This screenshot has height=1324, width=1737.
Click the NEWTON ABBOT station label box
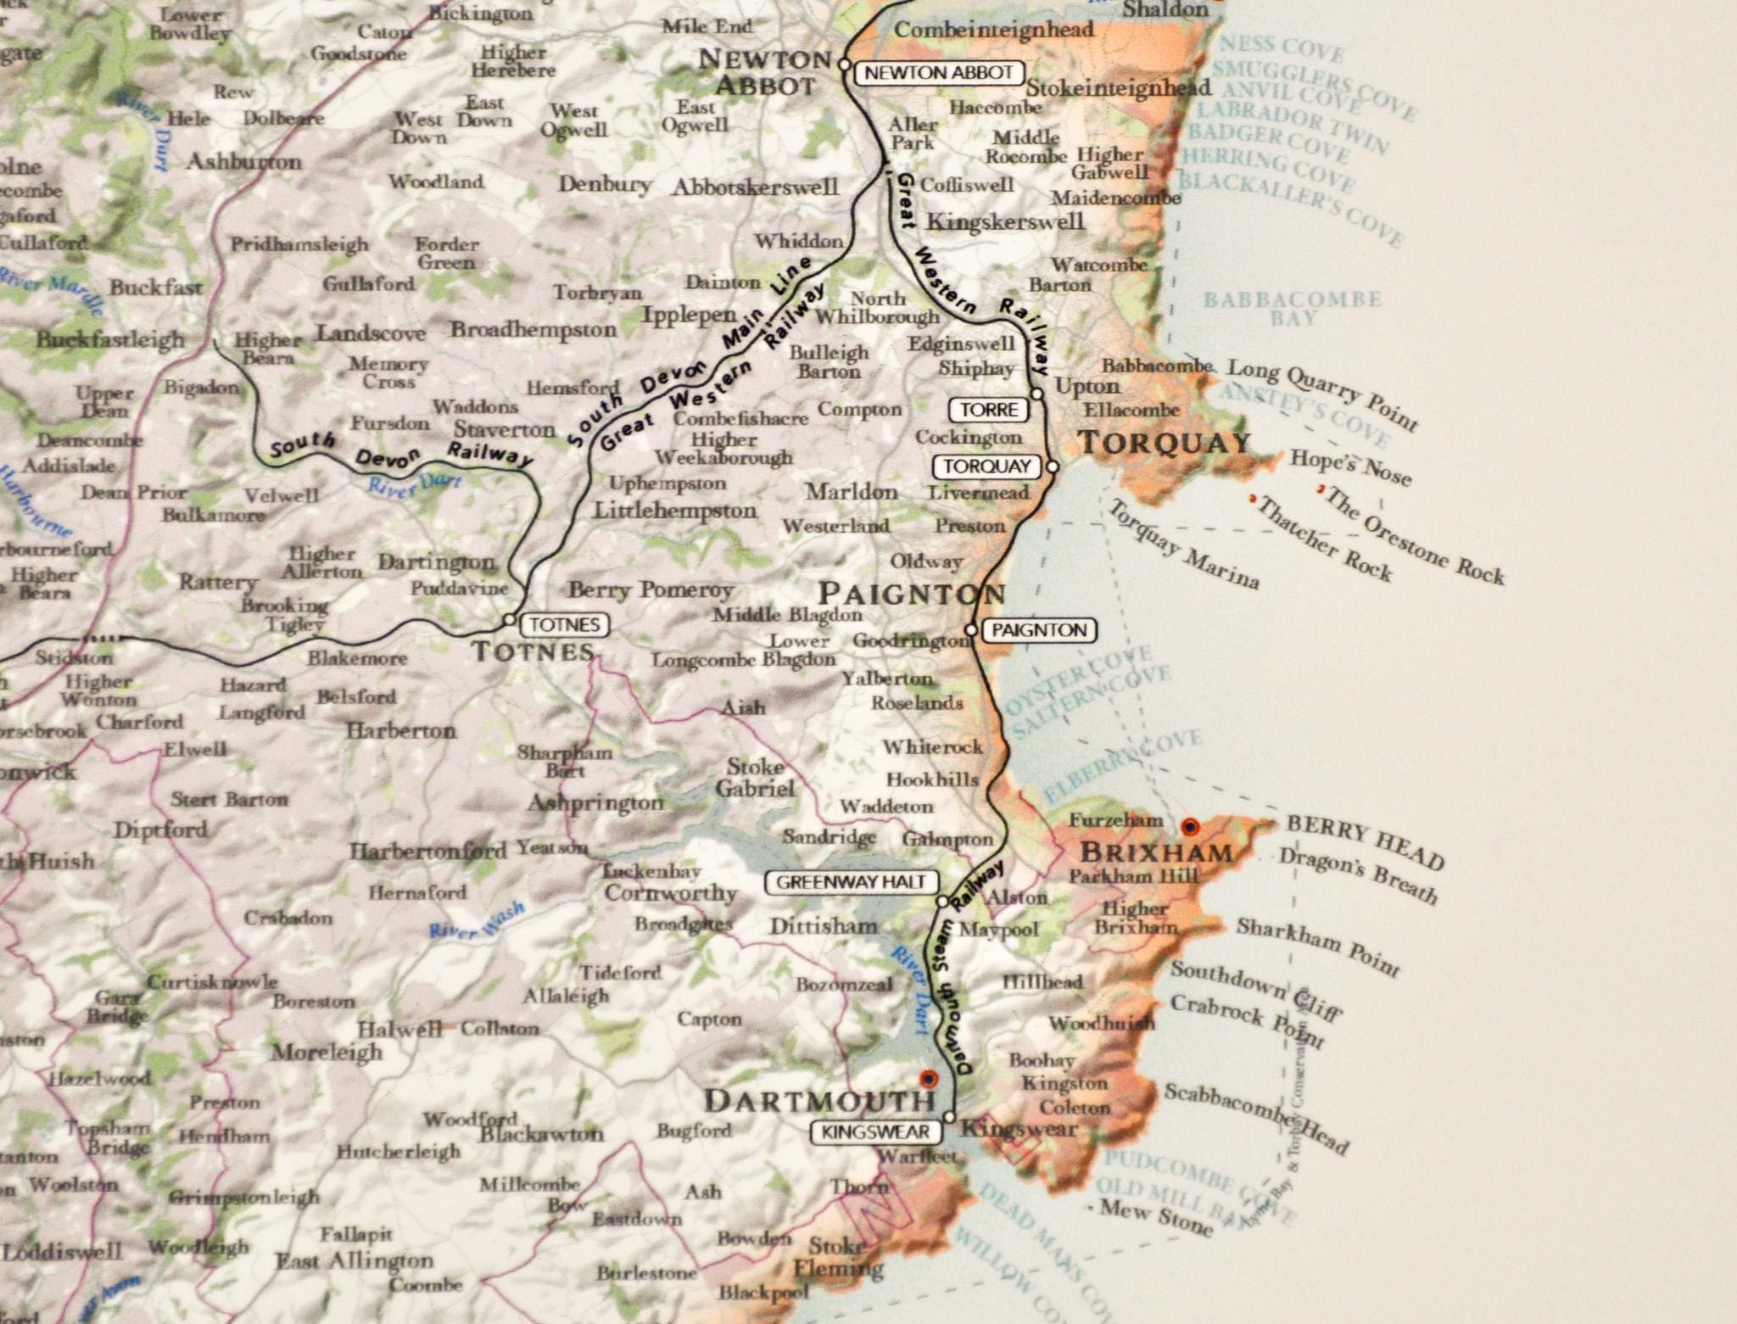point(938,73)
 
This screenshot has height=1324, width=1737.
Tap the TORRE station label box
point(989,411)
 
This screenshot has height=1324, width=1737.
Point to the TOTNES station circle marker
point(509,620)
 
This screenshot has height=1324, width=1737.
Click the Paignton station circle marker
point(972,630)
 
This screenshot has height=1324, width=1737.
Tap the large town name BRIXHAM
point(1157,852)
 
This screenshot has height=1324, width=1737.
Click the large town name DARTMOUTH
point(819,1101)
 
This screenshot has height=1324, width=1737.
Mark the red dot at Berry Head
point(1190,825)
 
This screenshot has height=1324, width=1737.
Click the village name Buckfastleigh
point(110,340)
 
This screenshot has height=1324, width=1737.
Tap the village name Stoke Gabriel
point(755,778)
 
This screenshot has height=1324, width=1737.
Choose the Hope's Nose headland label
point(1350,466)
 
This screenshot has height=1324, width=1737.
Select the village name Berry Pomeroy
point(651,589)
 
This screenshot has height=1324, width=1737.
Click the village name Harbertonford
point(428,851)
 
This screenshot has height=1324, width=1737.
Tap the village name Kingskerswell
point(1005,222)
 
